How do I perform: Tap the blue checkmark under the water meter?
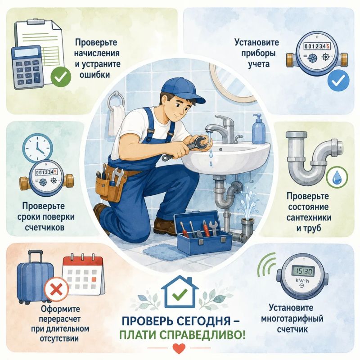tap(338, 80)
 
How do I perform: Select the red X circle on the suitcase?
tap(56, 289)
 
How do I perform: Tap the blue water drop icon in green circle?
tap(337, 177)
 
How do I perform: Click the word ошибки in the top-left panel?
tap(95, 75)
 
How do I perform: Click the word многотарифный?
tap(292, 319)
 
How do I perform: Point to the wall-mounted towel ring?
tap(116, 100)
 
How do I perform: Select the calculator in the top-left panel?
tap(27, 67)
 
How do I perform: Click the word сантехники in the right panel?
tap(309, 217)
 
